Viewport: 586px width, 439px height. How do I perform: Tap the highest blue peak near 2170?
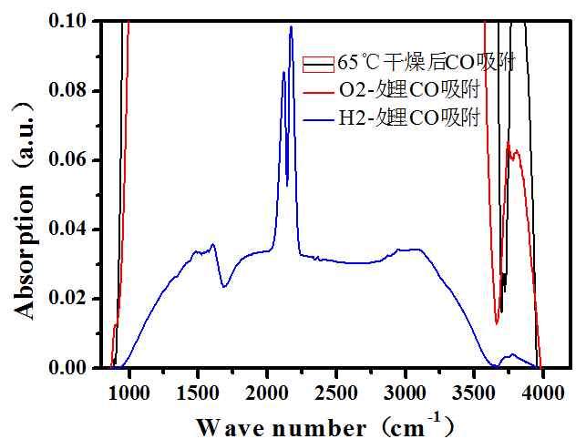291,26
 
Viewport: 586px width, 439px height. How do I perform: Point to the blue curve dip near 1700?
223,287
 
